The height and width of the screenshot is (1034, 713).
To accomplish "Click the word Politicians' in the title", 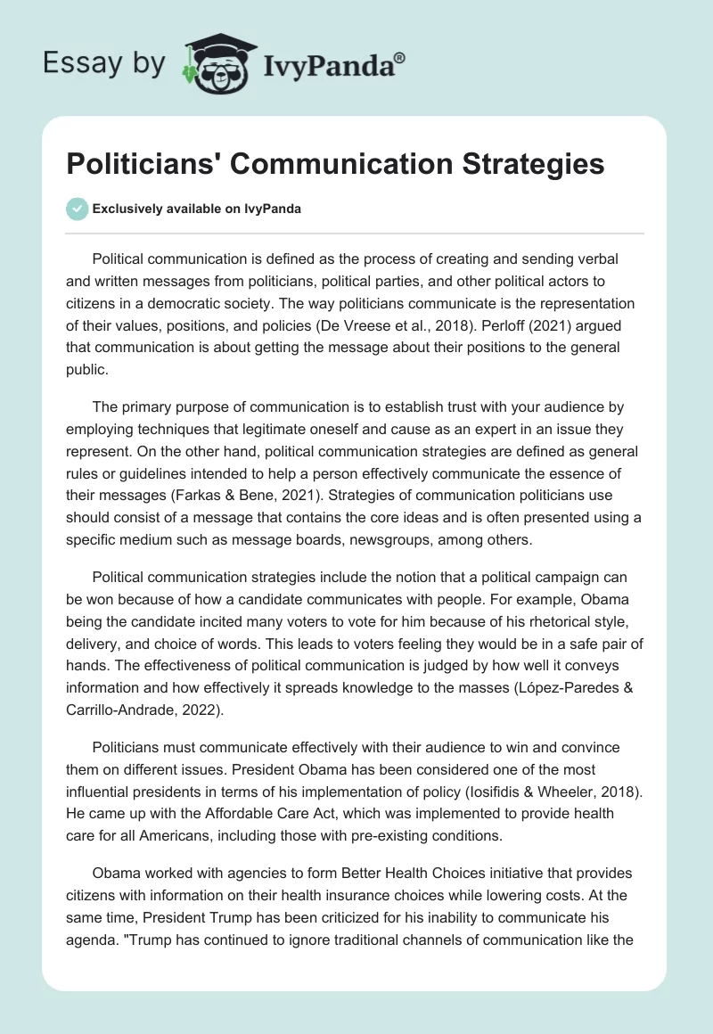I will point(142,165).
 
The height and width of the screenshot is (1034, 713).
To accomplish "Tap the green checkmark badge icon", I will point(77,209).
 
